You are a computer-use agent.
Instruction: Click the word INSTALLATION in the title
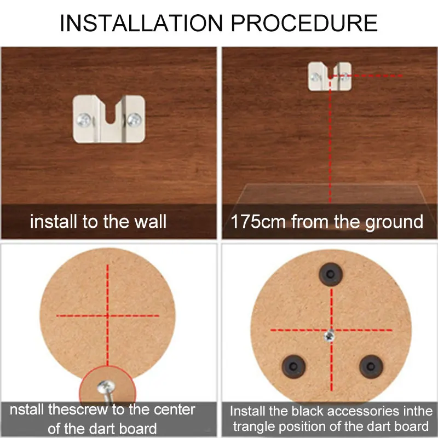click(x=141, y=23)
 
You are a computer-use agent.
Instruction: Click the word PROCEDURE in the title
click(x=304, y=23)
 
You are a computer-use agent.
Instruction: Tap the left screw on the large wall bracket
click(x=84, y=120)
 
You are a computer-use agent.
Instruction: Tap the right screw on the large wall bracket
click(x=134, y=119)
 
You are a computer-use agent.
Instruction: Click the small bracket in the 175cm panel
click(x=330, y=76)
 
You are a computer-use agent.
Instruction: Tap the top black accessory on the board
click(x=331, y=274)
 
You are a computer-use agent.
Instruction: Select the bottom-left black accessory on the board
click(x=293, y=366)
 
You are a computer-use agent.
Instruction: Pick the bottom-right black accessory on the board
click(x=371, y=366)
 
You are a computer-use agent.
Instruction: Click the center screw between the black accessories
click(x=330, y=336)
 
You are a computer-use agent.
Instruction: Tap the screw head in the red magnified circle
click(x=106, y=387)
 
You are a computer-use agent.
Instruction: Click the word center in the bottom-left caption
click(x=174, y=410)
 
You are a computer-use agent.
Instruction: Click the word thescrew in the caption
click(x=78, y=410)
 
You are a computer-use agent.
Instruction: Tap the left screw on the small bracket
click(x=316, y=77)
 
